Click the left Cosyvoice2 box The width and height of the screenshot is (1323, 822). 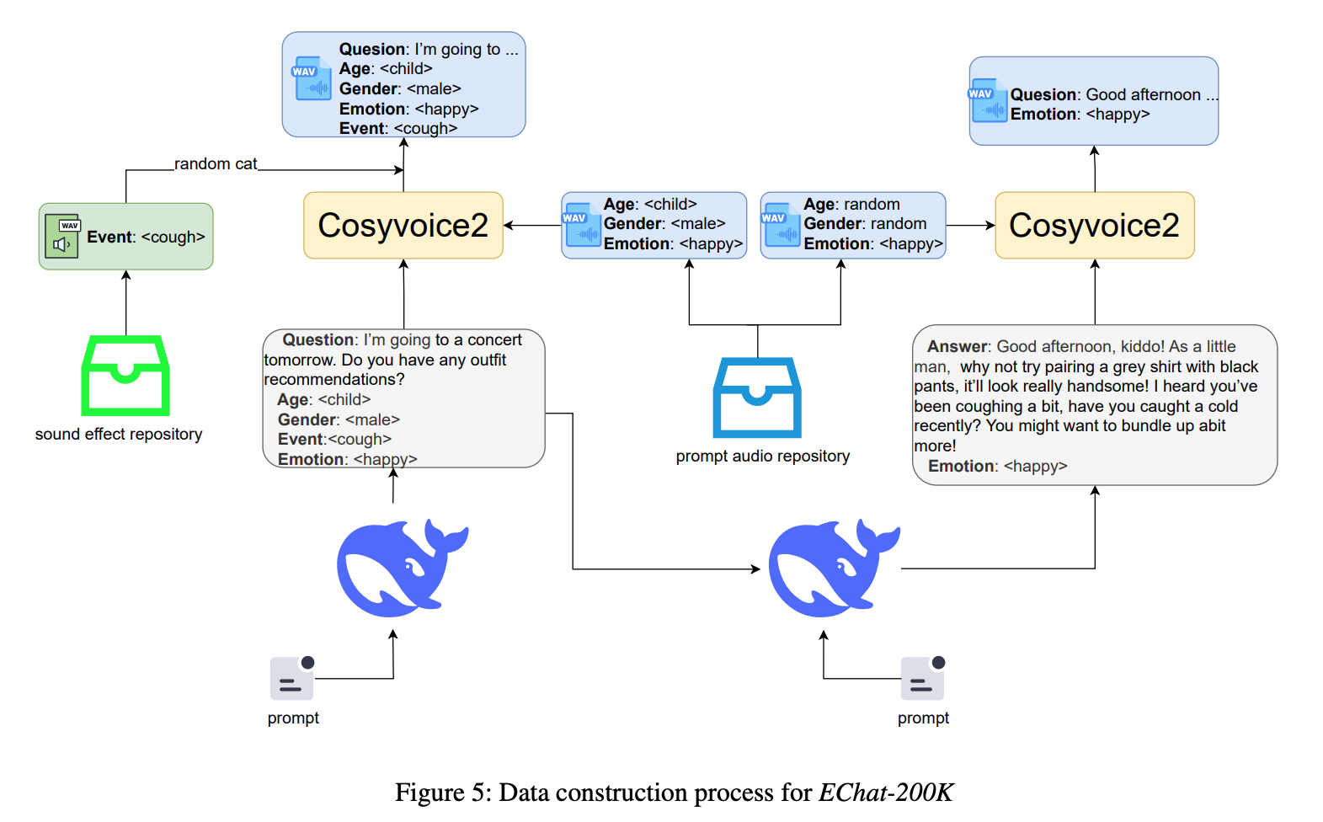403,225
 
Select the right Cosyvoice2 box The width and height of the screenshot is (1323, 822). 1094,225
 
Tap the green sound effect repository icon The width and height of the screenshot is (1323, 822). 125,376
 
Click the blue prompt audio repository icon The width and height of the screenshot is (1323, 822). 757,398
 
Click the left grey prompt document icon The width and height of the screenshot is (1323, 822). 291,678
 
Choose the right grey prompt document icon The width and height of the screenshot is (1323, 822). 922,678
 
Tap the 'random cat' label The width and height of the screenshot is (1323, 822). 216,163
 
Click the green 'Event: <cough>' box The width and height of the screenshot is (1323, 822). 125,237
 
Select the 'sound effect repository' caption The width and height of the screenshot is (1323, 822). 119,434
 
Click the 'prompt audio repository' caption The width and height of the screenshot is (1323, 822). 762,456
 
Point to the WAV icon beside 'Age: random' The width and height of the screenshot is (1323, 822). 781,225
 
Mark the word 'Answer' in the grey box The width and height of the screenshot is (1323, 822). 958,346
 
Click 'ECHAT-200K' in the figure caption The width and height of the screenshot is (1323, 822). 886,793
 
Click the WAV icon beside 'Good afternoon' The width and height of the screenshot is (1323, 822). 988,101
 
